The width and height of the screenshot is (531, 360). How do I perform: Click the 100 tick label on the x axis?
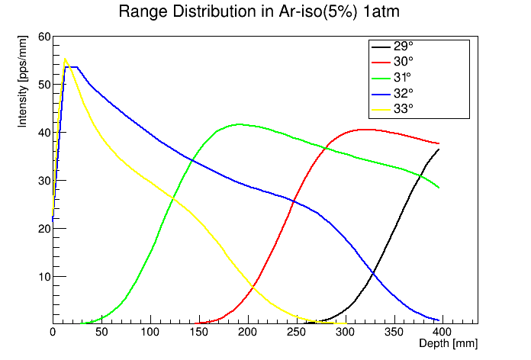[150, 333]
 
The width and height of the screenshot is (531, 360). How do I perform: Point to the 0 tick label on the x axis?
[53, 333]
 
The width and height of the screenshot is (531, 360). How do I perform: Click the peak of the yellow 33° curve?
[65, 58]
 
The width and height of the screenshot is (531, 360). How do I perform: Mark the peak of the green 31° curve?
[240, 124]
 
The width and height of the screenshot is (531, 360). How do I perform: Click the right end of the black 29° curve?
[439, 149]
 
